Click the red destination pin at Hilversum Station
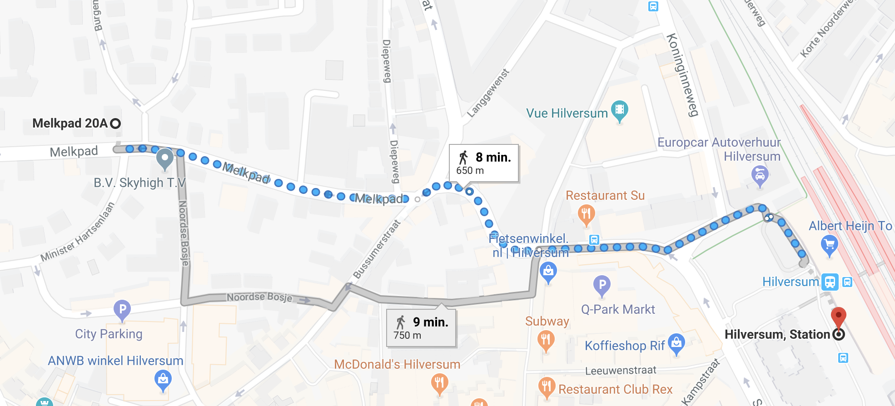[839, 317]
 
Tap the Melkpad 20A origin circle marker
[115, 124]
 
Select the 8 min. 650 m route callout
[484, 163]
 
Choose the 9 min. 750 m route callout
[421, 328]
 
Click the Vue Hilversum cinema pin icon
[619, 110]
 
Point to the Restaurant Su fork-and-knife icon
[586, 214]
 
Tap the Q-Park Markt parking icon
[602, 286]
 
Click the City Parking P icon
[122, 310]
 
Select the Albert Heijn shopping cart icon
[830, 245]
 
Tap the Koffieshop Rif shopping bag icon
[676, 344]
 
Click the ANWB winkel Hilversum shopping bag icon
[163, 379]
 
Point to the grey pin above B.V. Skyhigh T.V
[164, 159]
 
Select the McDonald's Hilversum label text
[397, 364]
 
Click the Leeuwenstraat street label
[621, 371]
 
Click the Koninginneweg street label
[682, 75]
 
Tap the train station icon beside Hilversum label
[830, 282]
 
